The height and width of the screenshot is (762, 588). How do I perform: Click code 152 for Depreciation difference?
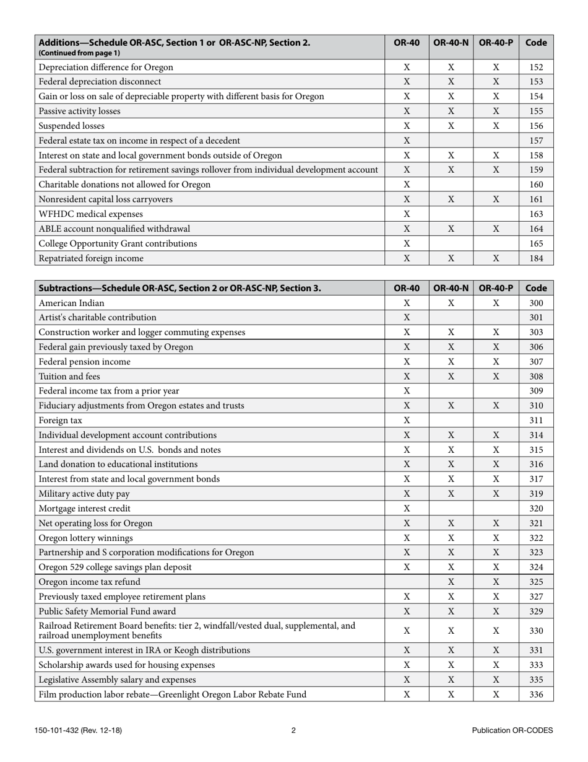[x=536, y=67]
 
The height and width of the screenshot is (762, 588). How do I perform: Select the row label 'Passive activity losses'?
[x=79, y=111]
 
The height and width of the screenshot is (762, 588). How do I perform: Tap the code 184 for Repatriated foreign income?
[x=536, y=258]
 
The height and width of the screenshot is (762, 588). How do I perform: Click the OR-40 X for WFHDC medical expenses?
[x=407, y=214]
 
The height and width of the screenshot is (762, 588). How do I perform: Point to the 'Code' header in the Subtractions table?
[x=536, y=287]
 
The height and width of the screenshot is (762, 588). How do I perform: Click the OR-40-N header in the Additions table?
[x=451, y=43]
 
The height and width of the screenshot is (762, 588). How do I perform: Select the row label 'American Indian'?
[x=71, y=303]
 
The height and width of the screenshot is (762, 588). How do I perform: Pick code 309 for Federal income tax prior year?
[x=536, y=391]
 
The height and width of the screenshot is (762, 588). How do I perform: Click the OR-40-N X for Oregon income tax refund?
[x=451, y=582]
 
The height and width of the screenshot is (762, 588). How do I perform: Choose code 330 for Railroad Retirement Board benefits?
[x=536, y=631]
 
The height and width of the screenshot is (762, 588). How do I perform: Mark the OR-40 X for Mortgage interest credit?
[x=407, y=509]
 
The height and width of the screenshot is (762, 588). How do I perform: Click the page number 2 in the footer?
[x=293, y=730]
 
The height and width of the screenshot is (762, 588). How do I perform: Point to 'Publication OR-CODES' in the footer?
[x=512, y=730]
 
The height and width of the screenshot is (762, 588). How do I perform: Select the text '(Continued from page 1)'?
[x=79, y=53]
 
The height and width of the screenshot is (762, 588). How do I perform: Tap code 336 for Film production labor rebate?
[x=536, y=694]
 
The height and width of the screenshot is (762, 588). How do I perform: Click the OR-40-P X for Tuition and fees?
[x=496, y=376]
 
